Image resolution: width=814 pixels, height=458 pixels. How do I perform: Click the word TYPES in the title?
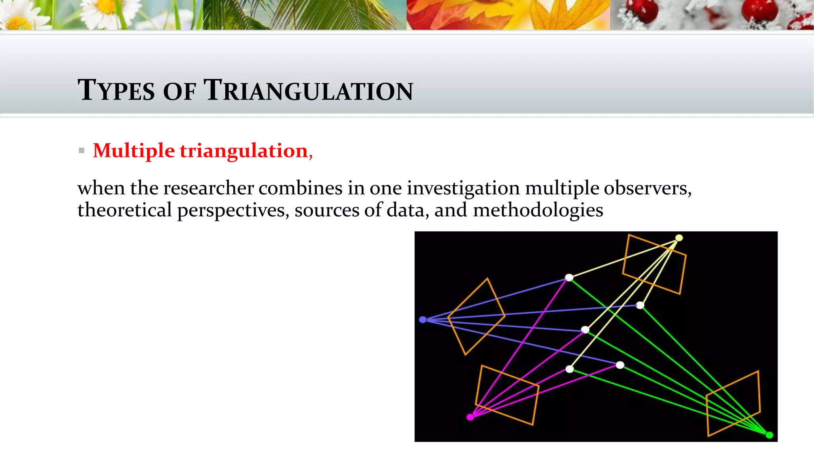pyautogui.click(x=116, y=90)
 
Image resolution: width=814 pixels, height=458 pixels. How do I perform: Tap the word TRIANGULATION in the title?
pyautogui.click(x=308, y=90)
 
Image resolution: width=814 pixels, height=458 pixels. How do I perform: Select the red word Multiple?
pyautogui.click(x=134, y=151)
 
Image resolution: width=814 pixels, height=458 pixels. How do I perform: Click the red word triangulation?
pyautogui.click(x=244, y=151)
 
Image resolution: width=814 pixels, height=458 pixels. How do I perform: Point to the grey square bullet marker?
pyautogui.click(x=81, y=151)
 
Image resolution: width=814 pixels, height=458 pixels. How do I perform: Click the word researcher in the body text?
pyautogui.click(x=208, y=188)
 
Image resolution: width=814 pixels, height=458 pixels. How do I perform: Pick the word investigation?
pyautogui.click(x=463, y=188)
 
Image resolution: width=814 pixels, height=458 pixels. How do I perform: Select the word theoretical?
pyautogui.click(x=124, y=210)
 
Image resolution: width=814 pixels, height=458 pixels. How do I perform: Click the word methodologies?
pyautogui.click(x=538, y=210)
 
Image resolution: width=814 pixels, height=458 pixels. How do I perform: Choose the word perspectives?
pyautogui.click(x=233, y=211)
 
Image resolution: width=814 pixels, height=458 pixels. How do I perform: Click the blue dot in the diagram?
pyautogui.click(x=423, y=320)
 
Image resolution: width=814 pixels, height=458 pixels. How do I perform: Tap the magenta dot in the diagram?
pyautogui.click(x=470, y=417)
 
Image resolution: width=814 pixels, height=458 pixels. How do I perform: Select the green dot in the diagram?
pyautogui.click(x=769, y=435)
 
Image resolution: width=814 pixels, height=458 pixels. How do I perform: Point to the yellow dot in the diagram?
pyautogui.click(x=679, y=238)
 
